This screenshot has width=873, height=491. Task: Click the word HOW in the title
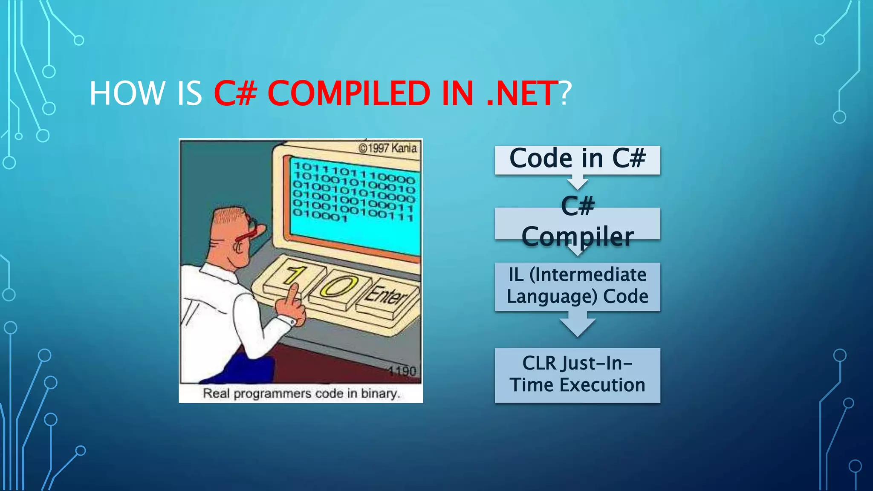(x=127, y=93)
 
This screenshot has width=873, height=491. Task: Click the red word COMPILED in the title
(x=349, y=93)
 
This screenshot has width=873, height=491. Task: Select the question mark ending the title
(x=565, y=93)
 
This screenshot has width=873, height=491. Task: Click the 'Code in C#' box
(x=577, y=160)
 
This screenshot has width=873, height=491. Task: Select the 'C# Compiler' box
(x=577, y=223)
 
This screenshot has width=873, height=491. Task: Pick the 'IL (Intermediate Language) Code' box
(x=577, y=286)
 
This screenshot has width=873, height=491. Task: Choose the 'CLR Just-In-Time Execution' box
(x=577, y=375)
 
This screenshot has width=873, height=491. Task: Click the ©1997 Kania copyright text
(x=387, y=148)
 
